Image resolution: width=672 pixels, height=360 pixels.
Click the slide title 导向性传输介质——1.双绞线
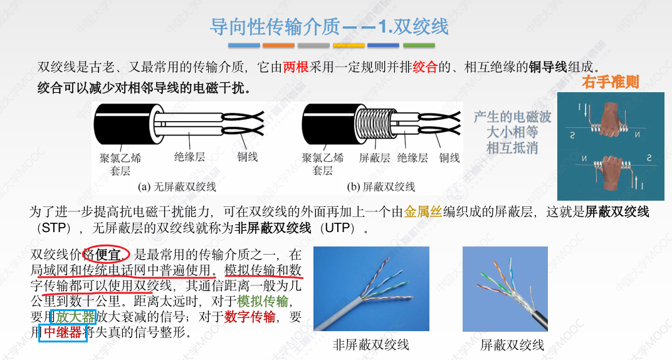click(328, 26)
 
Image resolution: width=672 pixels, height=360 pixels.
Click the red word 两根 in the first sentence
click(296, 67)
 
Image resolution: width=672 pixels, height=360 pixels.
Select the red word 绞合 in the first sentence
click(425, 67)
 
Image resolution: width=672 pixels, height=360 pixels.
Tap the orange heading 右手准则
click(611, 82)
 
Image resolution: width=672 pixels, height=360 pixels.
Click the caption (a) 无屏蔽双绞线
click(177, 187)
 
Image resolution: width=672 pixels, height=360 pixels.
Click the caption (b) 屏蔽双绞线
click(381, 187)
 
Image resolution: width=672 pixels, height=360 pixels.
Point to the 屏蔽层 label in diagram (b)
click(375, 158)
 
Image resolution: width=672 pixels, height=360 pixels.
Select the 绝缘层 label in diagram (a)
click(189, 157)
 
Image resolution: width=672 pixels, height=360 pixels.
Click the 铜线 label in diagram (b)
click(449, 158)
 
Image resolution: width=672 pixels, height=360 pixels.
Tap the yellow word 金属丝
click(423, 212)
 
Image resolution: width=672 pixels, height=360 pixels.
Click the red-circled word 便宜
click(107, 255)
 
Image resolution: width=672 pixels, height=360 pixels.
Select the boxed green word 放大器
click(75, 317)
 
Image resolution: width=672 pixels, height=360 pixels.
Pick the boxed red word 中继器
click(63, 332)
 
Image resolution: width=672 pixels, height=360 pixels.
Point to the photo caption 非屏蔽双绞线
click(371, 345)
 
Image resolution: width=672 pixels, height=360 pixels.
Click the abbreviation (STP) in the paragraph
click(53, 228)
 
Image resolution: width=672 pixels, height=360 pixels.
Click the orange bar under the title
click(278, 45)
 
